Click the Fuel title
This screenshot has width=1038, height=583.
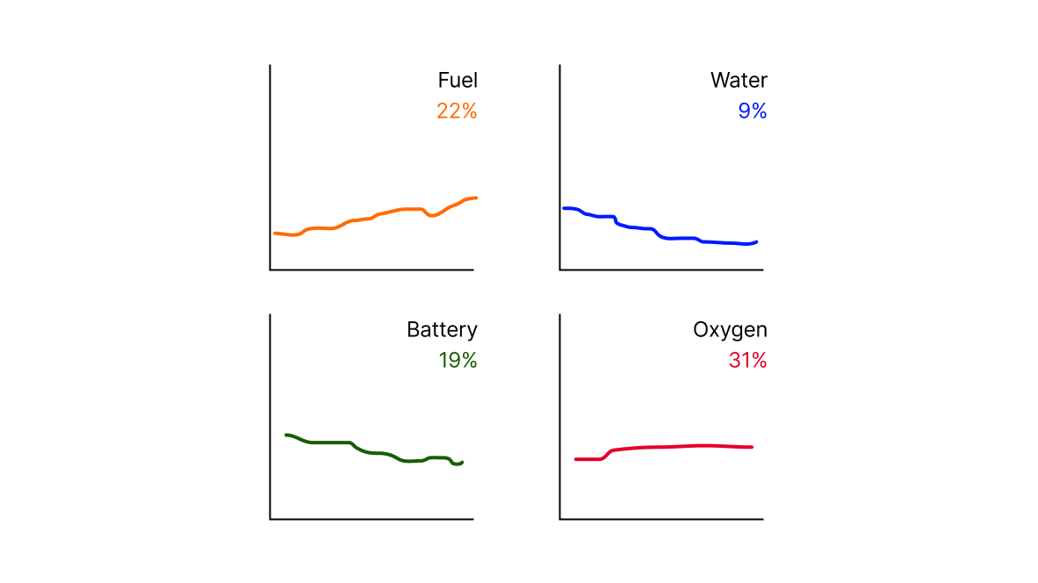pyautogui.click(x=458, y=80)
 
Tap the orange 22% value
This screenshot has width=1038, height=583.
pyautogui.click(x=457, y=111)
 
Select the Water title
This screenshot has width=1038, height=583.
pyautogui.click(x=739, y=80)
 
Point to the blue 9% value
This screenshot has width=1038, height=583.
pyautogui.click(x=753, y=111)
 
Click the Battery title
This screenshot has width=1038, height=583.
pyautogui.click(x=443, y=329)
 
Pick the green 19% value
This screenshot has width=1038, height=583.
pyautogui.click(x=458, y=360)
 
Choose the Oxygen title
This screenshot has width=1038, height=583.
pyautogui.click(x=730, y=329)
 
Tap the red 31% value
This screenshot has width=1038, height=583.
pyautogui.click(x=747, y=360)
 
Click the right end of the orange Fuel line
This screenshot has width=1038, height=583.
pyautogui.click(x=476, y=198)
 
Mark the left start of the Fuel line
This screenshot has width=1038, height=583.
pyautogui.click(x=275, y=233)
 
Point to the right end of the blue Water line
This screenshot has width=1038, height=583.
pyautogui.click(x=757, y=242)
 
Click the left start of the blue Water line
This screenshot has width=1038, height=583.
pyautogui.click(x=564, y=208)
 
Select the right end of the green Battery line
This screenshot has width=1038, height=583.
pyautogui.click(x=462, y=463)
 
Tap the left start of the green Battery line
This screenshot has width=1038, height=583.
pyautogui.click(x=286, y=435)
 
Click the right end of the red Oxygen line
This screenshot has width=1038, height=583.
pyautogui.click(x=752, y=447)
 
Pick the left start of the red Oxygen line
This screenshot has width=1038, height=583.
pyautogui.click(x=576, y=459)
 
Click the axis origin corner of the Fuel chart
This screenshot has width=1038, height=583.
pyautogui.click(x=270, y=270)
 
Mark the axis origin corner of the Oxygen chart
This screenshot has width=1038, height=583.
pyautogui.click(x=560, y=519)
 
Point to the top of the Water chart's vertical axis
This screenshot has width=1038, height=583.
pyautogui.click(x=560, y=65)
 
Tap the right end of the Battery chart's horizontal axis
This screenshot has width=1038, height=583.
pyautogui.click(x=473, y=519)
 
